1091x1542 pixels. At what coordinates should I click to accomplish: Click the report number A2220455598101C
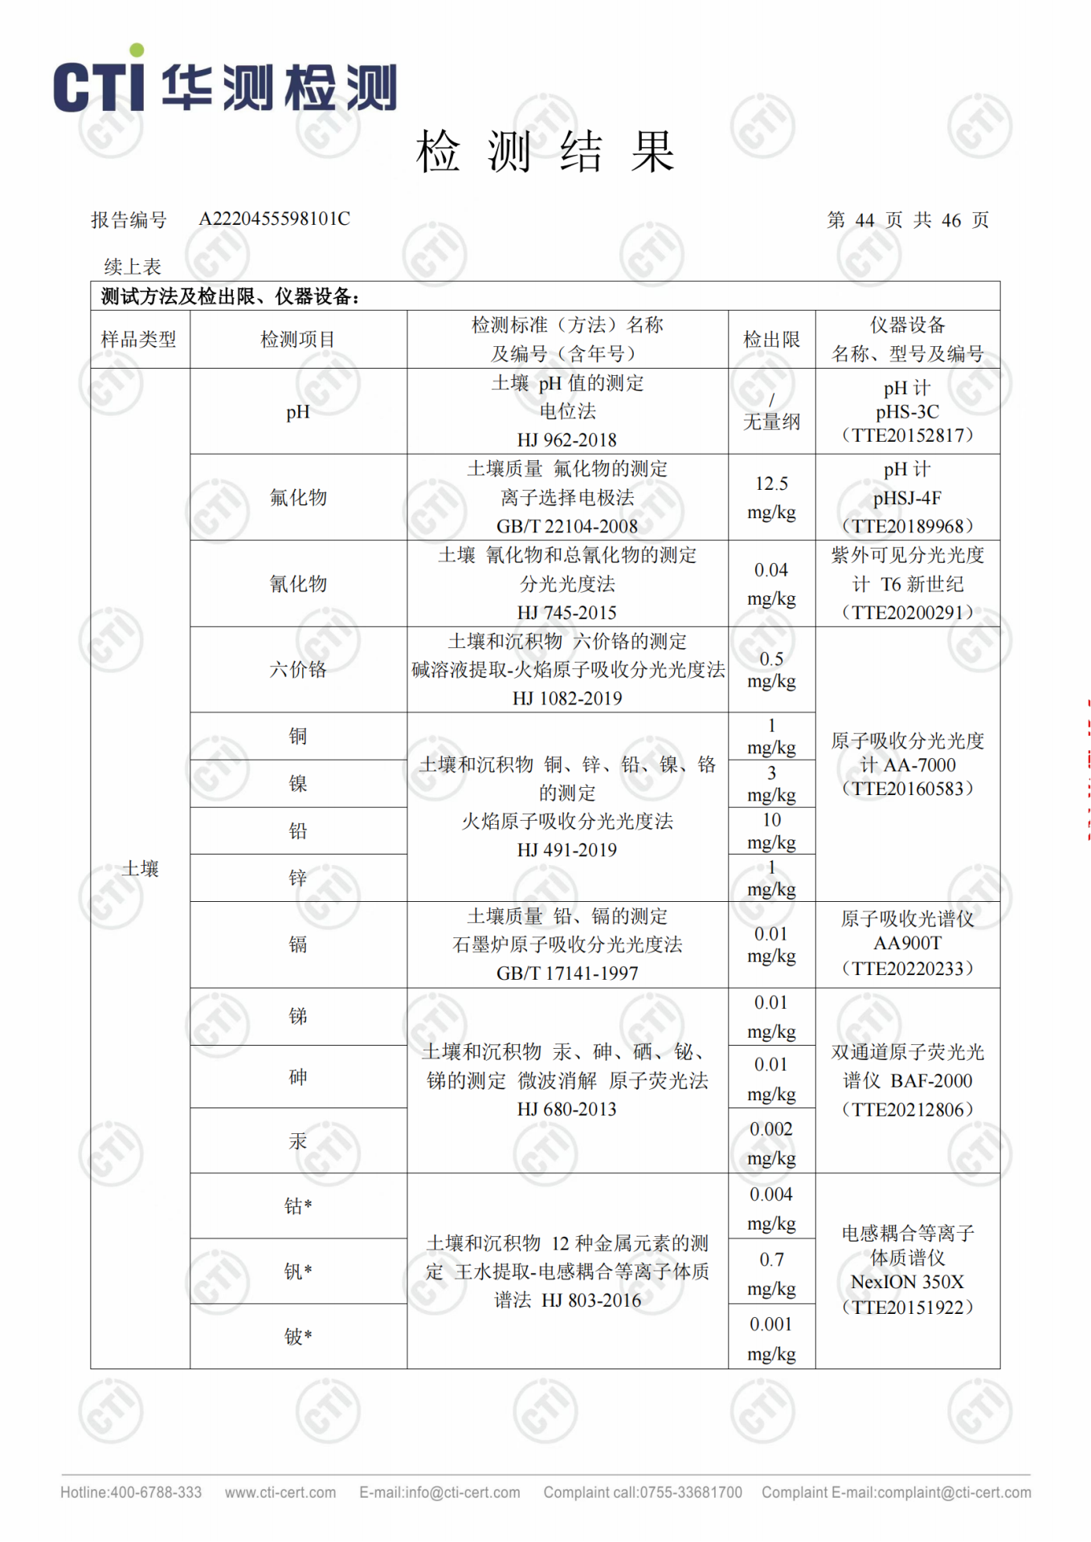click(x=274, y=219)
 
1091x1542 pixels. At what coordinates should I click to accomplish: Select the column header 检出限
click(x=771, y=340)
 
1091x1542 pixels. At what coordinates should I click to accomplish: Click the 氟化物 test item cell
click(x=298, y=498)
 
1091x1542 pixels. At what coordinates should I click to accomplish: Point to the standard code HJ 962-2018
click(x=566, y=440)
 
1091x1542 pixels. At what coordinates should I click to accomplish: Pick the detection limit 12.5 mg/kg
click(x=771, y=498)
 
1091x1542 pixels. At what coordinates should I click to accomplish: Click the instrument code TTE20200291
click(x=907, y=613)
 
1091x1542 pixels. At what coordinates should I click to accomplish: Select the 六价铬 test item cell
click(x=298, y=670)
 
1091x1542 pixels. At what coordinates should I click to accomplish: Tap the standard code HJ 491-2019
click(x=566, y=850)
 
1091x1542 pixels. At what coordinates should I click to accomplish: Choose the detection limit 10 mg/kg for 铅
click(x=771, y=830)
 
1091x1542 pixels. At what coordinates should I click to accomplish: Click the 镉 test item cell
click(x=298, y=944)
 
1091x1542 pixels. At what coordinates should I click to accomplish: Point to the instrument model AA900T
click(x=907, y=943)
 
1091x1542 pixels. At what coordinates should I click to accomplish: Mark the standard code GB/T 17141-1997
click(x=566, y=973)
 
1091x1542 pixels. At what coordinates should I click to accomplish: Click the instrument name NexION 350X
click(x=907, y=1282)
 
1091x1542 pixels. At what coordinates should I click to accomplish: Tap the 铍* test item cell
click(x=298, y=1336)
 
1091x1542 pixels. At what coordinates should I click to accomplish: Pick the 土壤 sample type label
click(x=140, y=869)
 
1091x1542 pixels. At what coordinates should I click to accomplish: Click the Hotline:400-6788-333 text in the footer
click(x=131, y=1492)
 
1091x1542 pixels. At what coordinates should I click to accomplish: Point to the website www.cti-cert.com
click(x=280, y=1492)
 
